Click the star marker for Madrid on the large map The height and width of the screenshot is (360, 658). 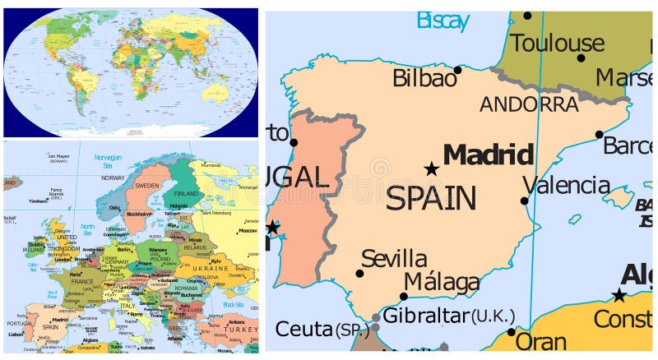coord(431,169)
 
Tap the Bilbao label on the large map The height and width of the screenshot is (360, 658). coord(424,79)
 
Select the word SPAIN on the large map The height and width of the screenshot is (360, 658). coord(431,198)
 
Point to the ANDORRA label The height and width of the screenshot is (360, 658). coord(529,104)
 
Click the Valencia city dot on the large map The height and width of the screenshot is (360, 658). coord(524,201)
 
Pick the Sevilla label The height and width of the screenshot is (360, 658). coord(394,258)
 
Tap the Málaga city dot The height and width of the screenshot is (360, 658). coord(403,297)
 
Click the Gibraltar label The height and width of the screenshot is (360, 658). coord(426,316)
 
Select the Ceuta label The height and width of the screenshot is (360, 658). coord(304,330)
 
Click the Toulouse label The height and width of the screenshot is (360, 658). coord(558,43)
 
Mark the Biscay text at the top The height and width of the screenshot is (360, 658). coord(443,20)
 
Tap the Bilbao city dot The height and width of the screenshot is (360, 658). coord(457,70)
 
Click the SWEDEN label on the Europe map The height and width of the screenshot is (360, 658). coord(146,186)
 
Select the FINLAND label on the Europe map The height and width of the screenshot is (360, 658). coord(187,193)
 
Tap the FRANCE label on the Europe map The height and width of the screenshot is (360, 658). coord(83,281)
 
